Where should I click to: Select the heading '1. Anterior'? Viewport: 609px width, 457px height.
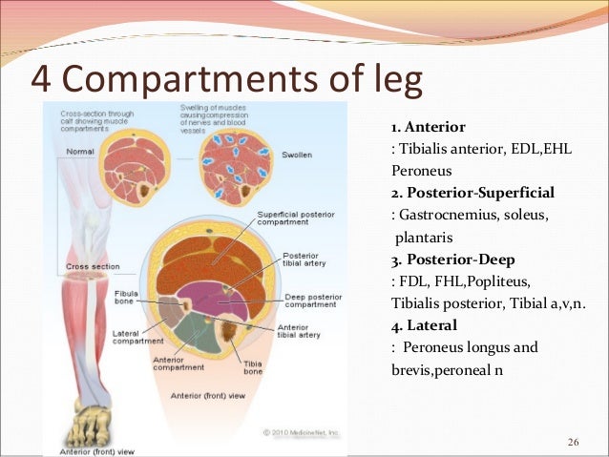pyautogui.click(x=429, y=127)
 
